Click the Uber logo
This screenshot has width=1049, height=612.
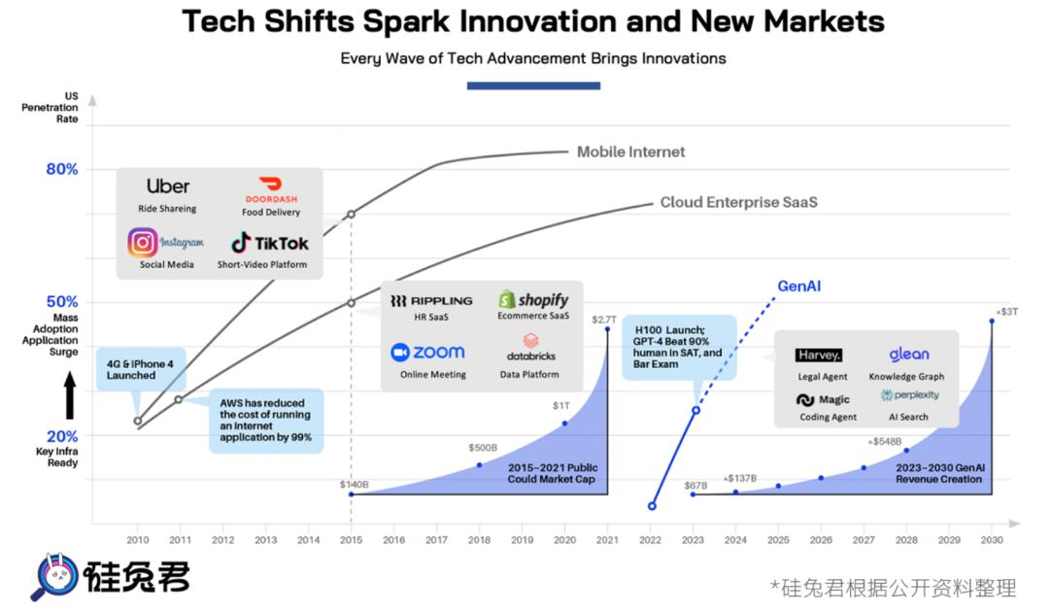tap(168, 186)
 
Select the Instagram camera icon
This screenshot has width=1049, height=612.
tap(143, 242)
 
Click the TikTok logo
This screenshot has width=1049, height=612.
tap(269, 243)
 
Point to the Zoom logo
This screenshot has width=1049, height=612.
tap(427, 352)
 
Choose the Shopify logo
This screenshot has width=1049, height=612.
tap(533, 299)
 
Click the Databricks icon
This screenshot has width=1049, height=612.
tap(530, 342)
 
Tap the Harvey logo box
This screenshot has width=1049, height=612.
tap(819, 355)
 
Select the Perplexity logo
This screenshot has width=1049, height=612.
tap(909, 395)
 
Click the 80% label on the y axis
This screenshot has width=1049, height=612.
tap(61, 169)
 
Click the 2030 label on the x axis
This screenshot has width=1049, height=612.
tap(991, 539)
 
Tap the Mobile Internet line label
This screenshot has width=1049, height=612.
tap(630, 152)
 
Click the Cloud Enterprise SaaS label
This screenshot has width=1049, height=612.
tap(738, 202)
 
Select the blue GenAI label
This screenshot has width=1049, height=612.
tap(799, 287)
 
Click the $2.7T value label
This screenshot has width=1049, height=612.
tap(605, 319)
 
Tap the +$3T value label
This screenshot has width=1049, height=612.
tap(1006, 311)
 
